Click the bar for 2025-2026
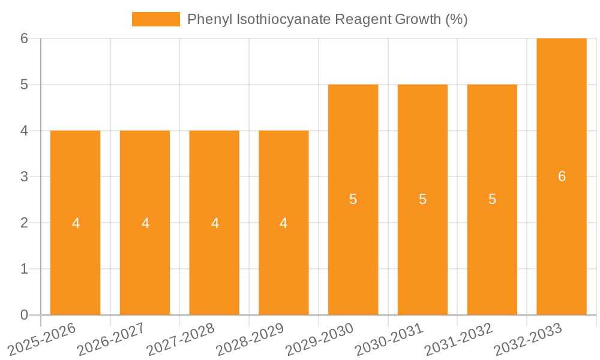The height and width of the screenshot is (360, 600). (75, 223)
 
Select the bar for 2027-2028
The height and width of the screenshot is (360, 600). (214, 223)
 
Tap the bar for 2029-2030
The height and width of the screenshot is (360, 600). (353, 200)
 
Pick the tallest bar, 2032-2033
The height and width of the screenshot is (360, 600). (562, 176)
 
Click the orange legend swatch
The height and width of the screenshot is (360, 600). (155, 19)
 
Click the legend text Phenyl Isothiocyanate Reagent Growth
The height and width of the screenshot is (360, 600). (327, 19)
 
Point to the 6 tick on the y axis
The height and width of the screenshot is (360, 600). (24, 38)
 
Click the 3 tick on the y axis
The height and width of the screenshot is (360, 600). (24, 177)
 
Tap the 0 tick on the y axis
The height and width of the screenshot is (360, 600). (24, 315)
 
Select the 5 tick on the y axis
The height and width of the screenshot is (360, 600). (24, 85)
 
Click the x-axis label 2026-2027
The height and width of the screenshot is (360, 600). (110, 340)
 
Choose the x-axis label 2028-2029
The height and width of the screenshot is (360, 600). (250, 340)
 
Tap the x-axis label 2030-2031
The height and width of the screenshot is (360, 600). (389, 340)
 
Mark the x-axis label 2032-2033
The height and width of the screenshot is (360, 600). (528, 340)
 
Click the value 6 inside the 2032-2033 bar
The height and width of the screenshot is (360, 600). (562, 176)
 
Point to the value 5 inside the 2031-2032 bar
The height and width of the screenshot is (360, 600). (492, 200)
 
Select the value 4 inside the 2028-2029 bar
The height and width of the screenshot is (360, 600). (283, 223)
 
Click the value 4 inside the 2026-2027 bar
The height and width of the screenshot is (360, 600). (145, 223)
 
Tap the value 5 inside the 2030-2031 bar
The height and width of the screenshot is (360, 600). (422, 200)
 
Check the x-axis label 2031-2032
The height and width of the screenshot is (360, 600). (458, 340)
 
